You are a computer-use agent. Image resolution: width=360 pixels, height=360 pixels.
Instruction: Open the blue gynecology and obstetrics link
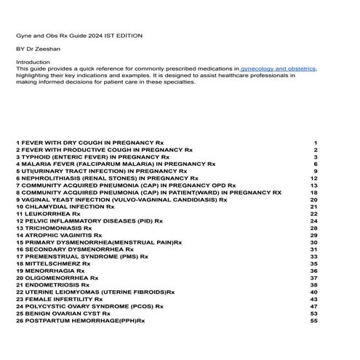click(279, 68)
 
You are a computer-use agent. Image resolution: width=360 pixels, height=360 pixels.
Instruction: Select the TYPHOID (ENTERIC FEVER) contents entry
click(93, 156)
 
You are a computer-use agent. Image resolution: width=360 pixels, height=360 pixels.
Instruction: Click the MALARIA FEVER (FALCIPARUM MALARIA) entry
click(116, 164)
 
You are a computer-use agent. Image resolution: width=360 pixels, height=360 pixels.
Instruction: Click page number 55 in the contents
click(314, 320)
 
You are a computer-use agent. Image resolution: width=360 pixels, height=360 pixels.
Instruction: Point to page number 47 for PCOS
click(314, 306)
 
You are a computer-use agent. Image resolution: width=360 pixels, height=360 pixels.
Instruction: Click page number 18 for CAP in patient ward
click(314, 193)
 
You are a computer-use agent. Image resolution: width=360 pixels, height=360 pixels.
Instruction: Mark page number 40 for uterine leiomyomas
click(314, 292)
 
